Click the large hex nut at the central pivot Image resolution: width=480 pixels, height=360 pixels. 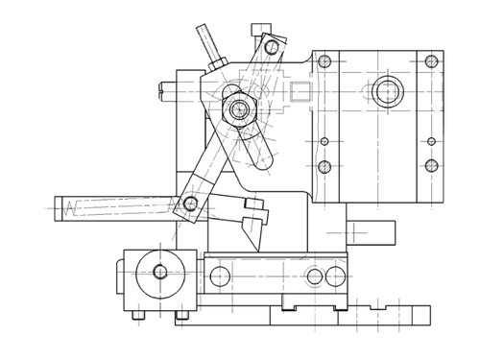point(236,108)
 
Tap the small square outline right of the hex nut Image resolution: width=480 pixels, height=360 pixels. point(300,94)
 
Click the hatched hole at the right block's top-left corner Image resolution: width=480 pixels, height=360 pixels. point(325,61)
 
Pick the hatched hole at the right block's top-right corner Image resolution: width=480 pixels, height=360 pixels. point(429,61)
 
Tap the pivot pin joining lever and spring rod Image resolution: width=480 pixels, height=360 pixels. point(190,204)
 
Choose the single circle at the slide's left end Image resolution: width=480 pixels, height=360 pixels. point(220,277)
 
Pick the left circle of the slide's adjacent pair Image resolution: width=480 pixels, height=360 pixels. point(314,277)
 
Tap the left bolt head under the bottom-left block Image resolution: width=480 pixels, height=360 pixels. point(139,315)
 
